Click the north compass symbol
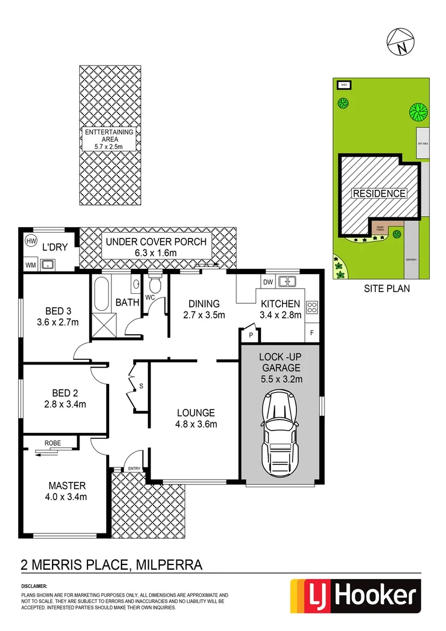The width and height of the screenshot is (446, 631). pyautogui.click(x=400, y=41)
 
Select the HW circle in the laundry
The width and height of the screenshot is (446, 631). pyautogui.click(x=31, y=241)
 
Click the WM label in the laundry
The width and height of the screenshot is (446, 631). pyautogui.click(x=30, y=265)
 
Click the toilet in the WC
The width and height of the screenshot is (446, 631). pyautogui.click(x=155, y=285)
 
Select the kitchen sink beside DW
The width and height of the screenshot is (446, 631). pyautogui.click(x=287, y=282)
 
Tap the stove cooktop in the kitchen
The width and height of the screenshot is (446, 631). pyautogui.click(x=312, y=307)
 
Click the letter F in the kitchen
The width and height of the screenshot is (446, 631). pyautogui.click(x=312, y=333)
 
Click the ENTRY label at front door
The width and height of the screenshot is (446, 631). pyautogui.click(x=134, y=469)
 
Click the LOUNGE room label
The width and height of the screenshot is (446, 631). pyautogui.click(x=196, y=412)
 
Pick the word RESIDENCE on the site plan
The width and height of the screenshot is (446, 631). pyautogui.click(x=378, y=193)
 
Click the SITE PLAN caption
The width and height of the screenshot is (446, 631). pyautogui.click(x=386, y=288)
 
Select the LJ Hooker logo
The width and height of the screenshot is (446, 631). pyautogui.click(x=355, y=596)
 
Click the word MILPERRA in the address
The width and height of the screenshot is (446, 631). pyautogui.click(x=169, y=565)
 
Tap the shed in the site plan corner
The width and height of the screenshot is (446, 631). pyautogui.click(x=344, y=85)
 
